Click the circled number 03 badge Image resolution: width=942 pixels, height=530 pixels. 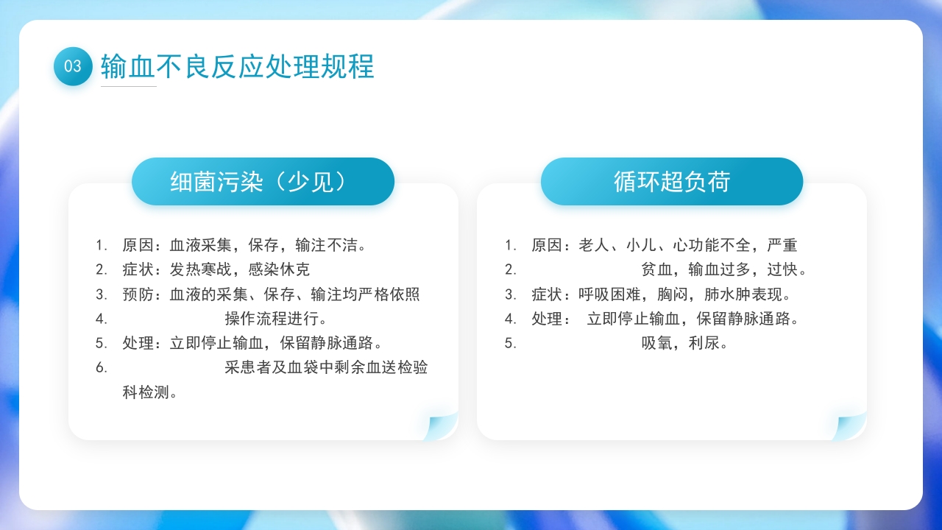click(x=73, y=66)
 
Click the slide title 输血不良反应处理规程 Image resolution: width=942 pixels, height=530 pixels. click(x=237, y=66)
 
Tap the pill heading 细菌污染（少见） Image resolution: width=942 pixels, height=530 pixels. click(x=263, y=181)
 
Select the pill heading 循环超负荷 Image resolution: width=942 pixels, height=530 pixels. click(x=671, y=181)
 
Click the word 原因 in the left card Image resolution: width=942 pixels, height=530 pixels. click(x=138, y=244)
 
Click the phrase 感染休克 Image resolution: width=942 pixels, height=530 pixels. click(x=279, y=269)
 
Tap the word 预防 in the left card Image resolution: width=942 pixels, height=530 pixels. click(x=138, y=294)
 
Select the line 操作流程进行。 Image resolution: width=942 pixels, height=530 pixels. click(x=276, y=319)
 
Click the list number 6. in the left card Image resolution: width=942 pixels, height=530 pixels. click(x=102, y=367)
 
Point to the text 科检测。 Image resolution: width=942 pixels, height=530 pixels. click(x=149, y=392)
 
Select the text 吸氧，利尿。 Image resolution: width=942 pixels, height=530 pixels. click(x=684, y=343)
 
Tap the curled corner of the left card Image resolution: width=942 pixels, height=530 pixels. click(x=443, y=428)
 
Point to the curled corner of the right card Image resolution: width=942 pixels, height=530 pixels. click(x=851, y=428)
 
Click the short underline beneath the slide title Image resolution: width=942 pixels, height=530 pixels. click(x=128, y=86)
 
